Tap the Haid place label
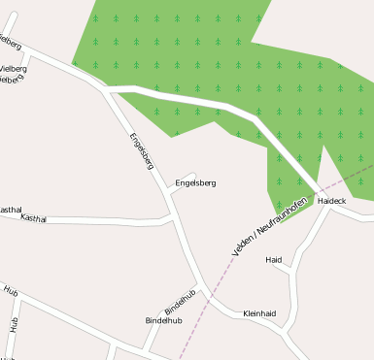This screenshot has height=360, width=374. click(x=274, y=260)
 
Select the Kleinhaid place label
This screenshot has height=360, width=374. click(x=259, y=313)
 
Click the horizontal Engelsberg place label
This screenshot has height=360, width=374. click(x=195, y=182)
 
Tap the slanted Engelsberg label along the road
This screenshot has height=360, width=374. click(x=141, y=150)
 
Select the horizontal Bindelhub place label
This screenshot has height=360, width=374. click(x=163, y=319)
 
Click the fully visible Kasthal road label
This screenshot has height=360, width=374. click(x=33, y=218)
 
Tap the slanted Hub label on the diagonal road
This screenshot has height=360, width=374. click(x=11, y=290)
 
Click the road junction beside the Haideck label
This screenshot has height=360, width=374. click(x=323, y=189)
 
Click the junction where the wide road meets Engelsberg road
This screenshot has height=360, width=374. click(x=105, y=89)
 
